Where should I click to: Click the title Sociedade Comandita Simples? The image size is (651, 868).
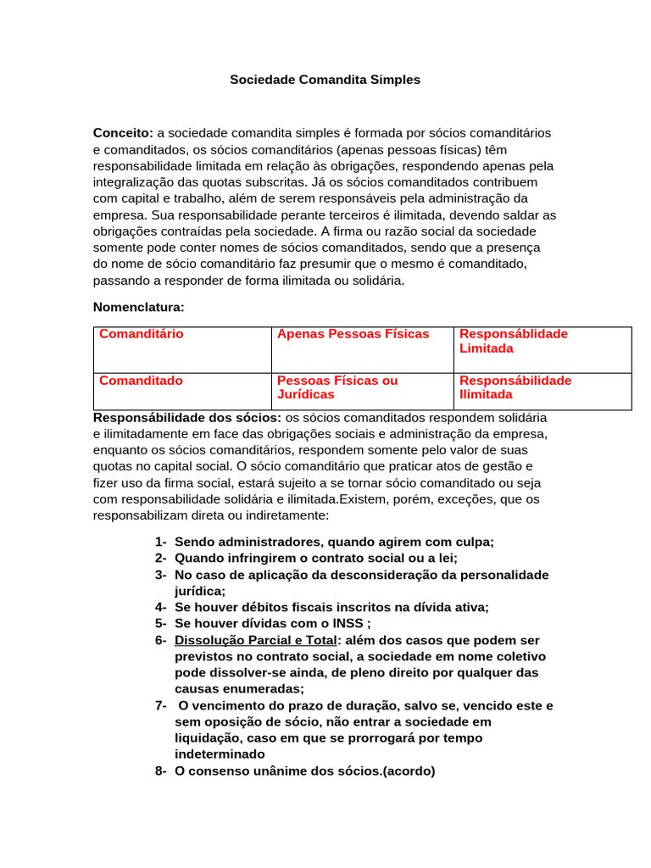[x=325, y=80]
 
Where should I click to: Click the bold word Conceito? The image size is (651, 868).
[x=123, y=133]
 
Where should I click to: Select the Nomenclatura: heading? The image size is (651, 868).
[x=138, y=307]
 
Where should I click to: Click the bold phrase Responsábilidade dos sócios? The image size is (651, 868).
[x=186, y=418]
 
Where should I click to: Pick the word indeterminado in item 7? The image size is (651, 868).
[x=220, y=754]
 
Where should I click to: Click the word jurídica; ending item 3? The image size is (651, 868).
[x=200, y=591]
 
